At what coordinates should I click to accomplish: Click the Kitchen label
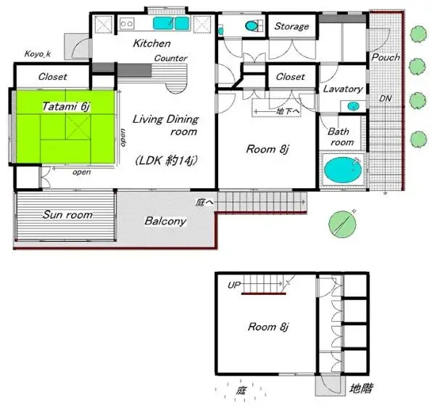point(151,44)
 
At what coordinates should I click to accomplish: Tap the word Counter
point(170,58)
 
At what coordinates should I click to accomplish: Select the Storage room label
point(291,26)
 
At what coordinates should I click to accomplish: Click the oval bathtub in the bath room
point(342,170)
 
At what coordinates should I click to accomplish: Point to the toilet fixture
point(252,26)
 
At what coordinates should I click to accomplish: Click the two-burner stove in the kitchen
point(127,23)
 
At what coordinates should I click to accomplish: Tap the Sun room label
point(67,214)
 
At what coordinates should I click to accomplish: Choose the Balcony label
point(165,221)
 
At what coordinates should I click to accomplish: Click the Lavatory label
point(343,89)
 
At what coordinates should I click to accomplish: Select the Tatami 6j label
point(66,106)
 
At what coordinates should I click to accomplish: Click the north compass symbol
point(342,224)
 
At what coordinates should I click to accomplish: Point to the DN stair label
point(385,98)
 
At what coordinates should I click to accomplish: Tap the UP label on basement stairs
point(234,285)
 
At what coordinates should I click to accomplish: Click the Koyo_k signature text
point(38,54)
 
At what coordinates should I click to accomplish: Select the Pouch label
point(386,57)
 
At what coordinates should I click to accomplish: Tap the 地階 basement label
point(361,389)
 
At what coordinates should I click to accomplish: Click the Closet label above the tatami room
point(52,76)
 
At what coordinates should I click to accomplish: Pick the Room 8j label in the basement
point(267,327)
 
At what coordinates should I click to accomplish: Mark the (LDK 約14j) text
point(167,161)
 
